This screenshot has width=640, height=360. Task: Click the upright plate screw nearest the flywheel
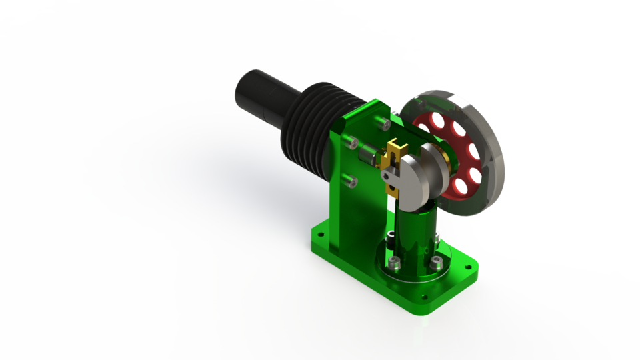pos(383,123)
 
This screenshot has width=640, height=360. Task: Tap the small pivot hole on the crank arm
pos(387,175)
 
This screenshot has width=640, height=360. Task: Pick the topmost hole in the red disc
pos(437,120)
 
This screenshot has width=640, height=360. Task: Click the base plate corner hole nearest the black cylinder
pos(319,234)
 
